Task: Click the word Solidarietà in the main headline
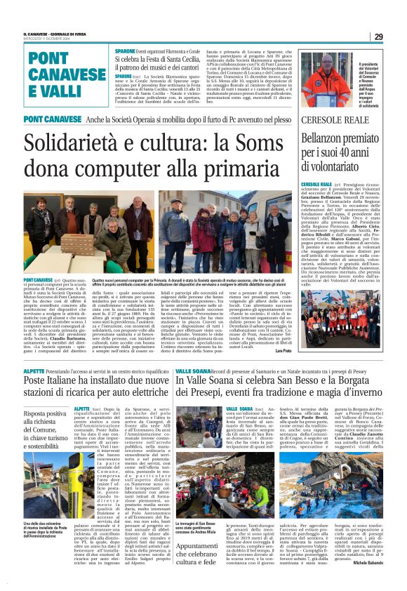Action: click(x=74, y=145)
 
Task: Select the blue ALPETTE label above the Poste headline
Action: click(x=34, y=371)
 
